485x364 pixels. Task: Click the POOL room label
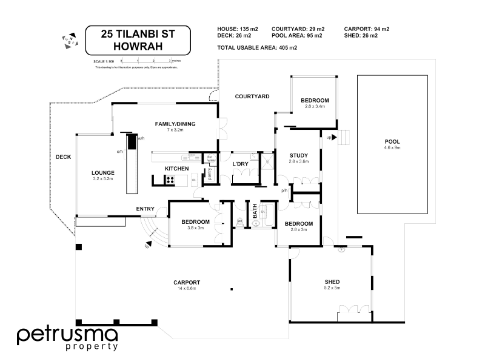click(392, 141)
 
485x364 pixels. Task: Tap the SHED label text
click(332, 282)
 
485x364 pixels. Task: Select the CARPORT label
click(186, 282)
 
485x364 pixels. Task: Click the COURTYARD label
click(252, 96)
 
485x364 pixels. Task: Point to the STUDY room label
click(299, 155)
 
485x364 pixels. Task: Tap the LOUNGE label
click(102, 172)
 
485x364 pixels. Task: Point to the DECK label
click(63, 157)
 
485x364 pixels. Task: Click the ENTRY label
click(145, 209)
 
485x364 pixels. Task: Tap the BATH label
click(255, 212)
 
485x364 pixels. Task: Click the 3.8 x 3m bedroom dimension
click(195, 229)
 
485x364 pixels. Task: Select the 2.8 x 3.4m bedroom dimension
click(315, 106)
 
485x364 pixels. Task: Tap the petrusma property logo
click(67, 338)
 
